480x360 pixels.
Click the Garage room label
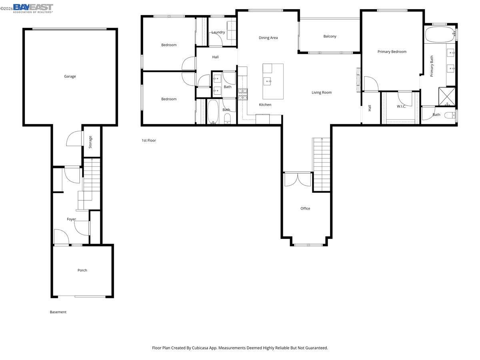click(x=70, y=76)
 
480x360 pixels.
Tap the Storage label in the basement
click(x=90, y=142)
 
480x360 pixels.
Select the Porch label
click(x=82, y=270)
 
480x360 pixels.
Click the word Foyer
click(x=71, y=219)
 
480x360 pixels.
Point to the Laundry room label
click(x=218, y=32)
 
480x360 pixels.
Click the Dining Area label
click(x=268, y=38)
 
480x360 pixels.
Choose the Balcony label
click(x=330, y=36)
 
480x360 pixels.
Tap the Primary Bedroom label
click(x=392, y=52)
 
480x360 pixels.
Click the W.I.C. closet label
click(x=401, y=106)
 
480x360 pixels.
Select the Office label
click(x=305, y=208)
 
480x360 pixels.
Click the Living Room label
click(x=322, y=92)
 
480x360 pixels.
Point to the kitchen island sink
click(x=267, y=81)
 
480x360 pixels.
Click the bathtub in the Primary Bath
click(x=440, y=34)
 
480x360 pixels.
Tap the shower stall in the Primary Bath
click(x=447, y=96)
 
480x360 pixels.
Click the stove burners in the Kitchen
click(x=243, y=94)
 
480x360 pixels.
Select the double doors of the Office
click(x=298, y=180)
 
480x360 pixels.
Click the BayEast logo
click(x=33, y=8)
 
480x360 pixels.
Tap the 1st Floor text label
click(x=149, y=140)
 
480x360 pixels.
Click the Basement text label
click(x=58, y=312)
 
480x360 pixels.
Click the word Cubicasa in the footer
click(x=200, y=348)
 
